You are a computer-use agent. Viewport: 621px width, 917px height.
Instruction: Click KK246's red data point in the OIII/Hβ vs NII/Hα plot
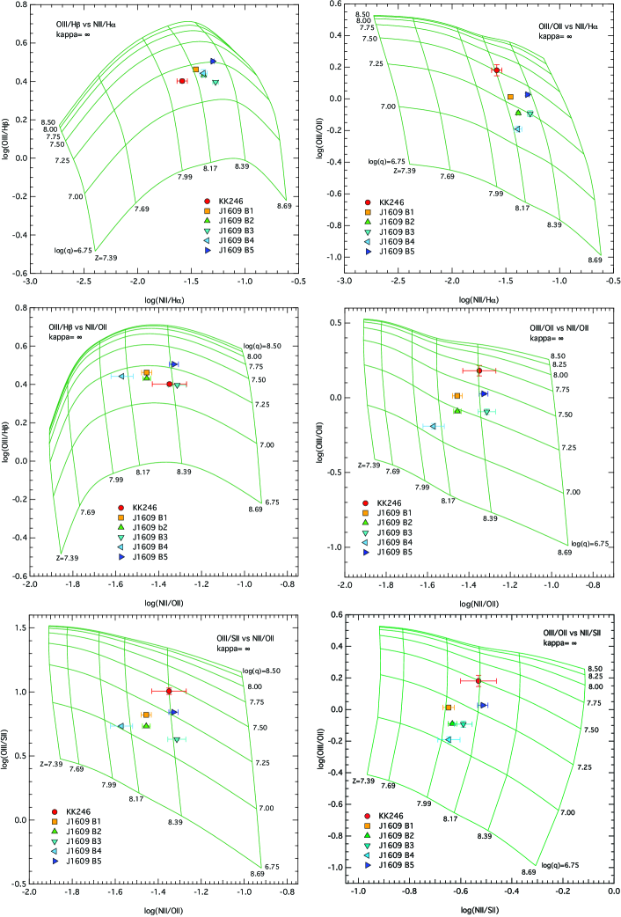(181, 81)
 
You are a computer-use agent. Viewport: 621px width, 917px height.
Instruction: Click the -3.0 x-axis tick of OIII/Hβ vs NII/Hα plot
(31, 282)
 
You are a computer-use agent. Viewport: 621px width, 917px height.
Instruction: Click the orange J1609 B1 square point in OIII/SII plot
(146, 715)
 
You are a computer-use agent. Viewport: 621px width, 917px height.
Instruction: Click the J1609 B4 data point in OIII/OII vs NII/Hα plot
(517, 129)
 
